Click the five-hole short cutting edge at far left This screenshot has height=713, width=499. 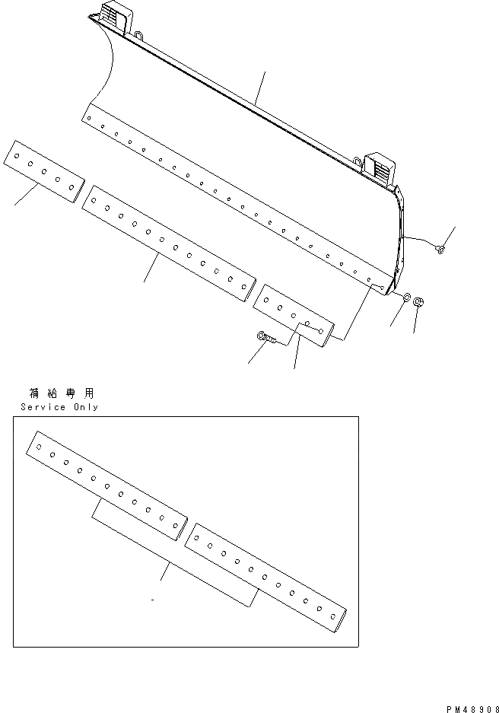[x=44, y=170]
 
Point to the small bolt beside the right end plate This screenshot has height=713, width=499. [x=440, y=250]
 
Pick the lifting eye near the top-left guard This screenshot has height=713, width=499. [x=140, y=34]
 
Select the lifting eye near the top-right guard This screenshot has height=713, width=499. [x=358, y=161]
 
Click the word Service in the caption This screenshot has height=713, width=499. [x=43, y=407]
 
